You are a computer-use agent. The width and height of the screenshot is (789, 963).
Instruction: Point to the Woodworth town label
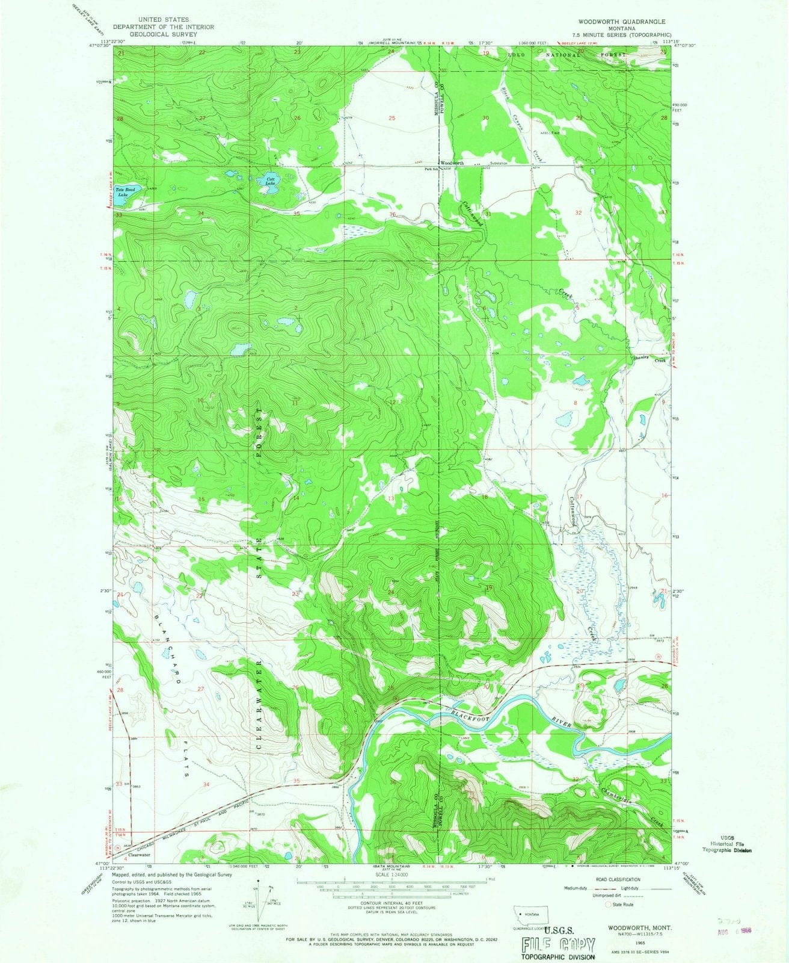tap(452, 163)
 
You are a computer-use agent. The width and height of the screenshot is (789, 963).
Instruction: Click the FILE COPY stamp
tap(557, 929)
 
